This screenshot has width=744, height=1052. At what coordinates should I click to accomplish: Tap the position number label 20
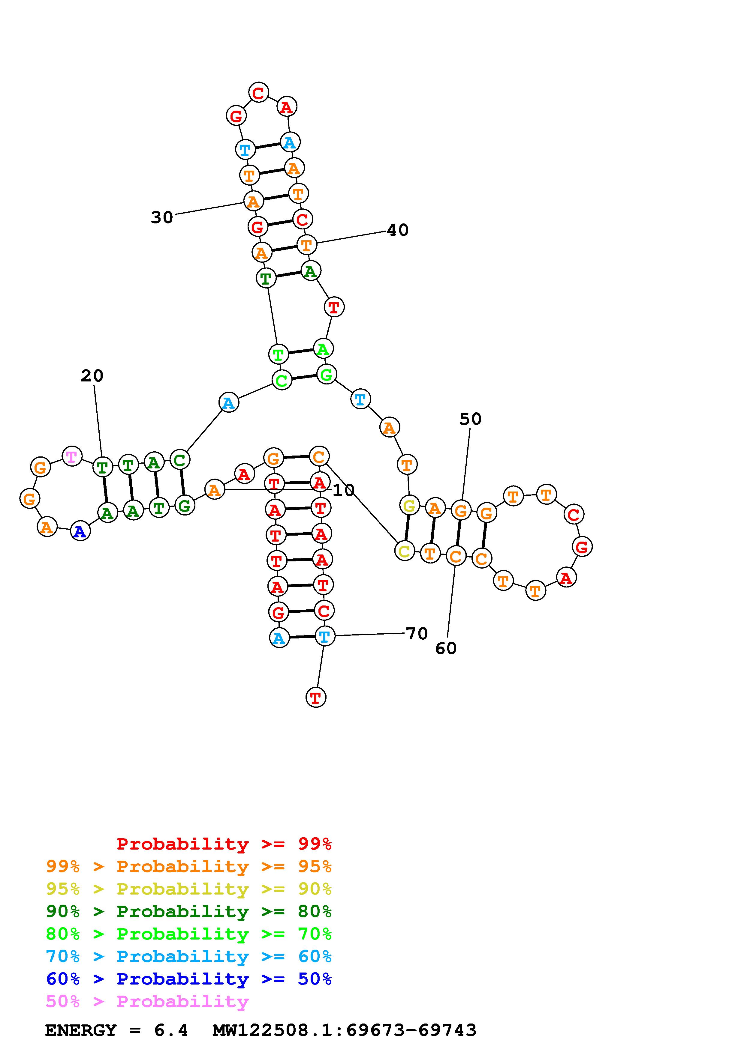[x=92, y=376]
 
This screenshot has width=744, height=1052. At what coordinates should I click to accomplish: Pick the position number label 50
[x=470, y=419]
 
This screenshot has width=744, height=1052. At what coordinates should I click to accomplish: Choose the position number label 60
[x=446, y=648]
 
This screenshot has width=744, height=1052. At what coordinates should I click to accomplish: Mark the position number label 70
[x=417, y=634]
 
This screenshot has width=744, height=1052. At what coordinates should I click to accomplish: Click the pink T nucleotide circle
[x=71, y=456]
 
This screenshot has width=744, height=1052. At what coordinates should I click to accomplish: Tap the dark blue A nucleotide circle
[x=80, y=531]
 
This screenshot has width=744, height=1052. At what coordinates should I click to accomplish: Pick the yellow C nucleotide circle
[x=404, y=551]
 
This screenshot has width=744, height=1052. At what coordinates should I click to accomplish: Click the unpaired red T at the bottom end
[x=315, y=697]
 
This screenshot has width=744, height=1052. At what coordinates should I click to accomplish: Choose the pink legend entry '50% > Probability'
[x=147, y=1002]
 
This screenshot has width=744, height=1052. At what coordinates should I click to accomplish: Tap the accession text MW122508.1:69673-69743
[x=344, y=1030]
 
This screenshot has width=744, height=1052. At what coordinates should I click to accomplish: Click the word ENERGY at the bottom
[x=81, y=1030]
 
